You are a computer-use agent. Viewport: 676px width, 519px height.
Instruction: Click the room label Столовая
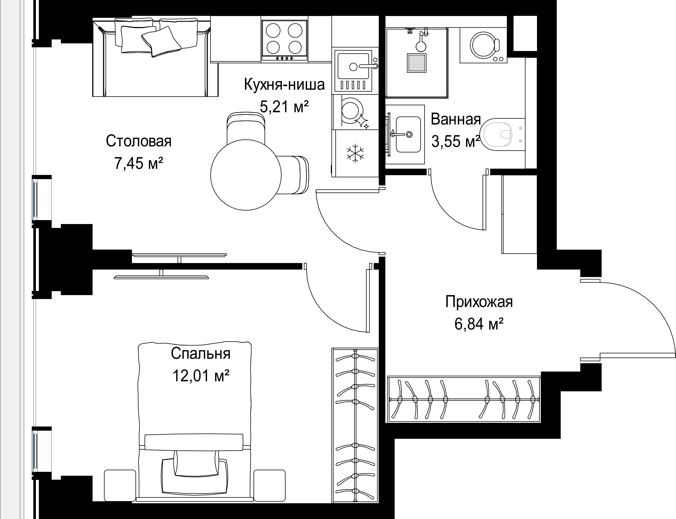click(138, 141)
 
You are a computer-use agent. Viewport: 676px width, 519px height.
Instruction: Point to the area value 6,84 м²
click(479, 324)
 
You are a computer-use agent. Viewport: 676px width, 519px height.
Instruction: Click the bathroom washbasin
click(408, 134)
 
